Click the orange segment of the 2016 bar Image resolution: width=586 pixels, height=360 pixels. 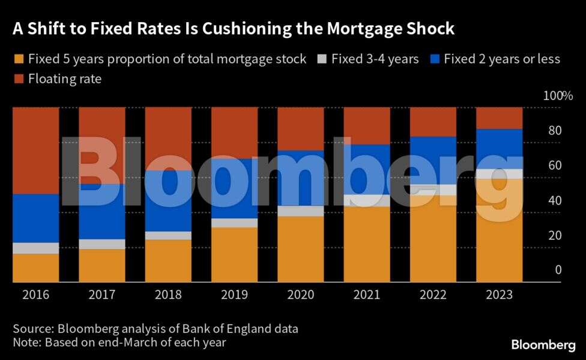36,268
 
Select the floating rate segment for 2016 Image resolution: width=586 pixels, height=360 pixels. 36,150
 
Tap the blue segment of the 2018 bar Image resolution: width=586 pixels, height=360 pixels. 168,201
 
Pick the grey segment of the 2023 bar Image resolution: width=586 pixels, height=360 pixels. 499,174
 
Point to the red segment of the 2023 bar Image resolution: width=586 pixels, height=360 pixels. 499,118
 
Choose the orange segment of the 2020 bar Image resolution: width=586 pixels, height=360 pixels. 301,249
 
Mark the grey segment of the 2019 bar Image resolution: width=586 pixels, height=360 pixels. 234,223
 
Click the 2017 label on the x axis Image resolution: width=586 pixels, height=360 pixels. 102,295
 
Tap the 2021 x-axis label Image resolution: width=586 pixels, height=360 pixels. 367,295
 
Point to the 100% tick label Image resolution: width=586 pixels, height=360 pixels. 558,96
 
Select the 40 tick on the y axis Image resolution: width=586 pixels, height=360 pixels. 558,200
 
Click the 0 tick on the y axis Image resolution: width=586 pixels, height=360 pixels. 558,271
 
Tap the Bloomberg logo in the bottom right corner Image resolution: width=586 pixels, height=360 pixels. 543,345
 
